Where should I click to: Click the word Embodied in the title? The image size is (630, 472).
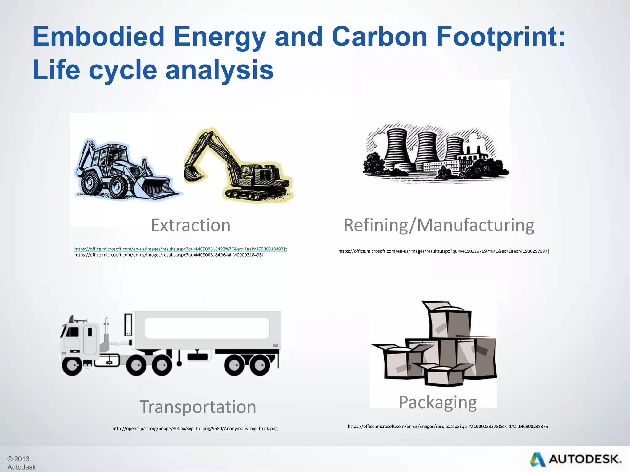coord(98,37)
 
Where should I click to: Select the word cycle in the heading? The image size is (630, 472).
coord(123,70)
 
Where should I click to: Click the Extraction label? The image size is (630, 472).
coord(190,225)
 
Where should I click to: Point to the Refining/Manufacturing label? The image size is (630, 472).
coord(439,225)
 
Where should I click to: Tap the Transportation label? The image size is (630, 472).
coord(198,407)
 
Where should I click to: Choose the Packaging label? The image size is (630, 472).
coord(437,402)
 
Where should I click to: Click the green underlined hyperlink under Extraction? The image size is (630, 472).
coord(181,249)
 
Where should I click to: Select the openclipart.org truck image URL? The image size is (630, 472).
coord(195,428)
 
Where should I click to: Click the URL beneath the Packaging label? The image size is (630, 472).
coord(449,426)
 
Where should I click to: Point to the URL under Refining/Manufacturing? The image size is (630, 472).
coord(443,251)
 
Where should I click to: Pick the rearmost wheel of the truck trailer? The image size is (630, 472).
coord(260,366)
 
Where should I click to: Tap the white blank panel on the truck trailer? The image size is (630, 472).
coord(207,328)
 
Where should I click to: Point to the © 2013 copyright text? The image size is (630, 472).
coord(18,459)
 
